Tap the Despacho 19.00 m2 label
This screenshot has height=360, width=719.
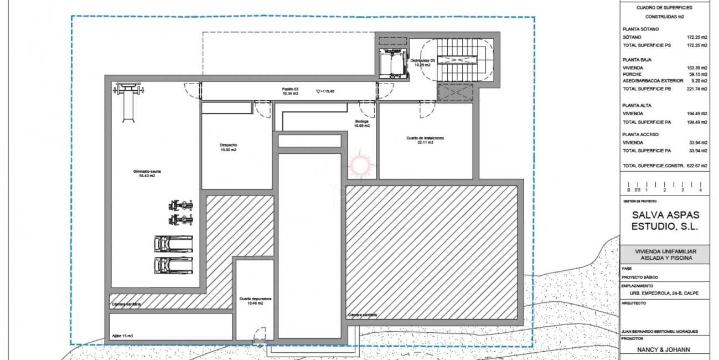228,147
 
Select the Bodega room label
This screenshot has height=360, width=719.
362,123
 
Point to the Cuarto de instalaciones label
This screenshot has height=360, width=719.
425,140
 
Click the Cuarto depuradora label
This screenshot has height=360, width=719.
255,301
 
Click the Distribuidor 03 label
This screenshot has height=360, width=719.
423,62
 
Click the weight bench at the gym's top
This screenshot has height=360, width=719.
128,100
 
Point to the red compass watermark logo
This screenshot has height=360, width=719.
360,164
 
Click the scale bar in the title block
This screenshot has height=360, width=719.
664,186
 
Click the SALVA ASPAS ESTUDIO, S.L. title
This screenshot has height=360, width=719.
665,220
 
